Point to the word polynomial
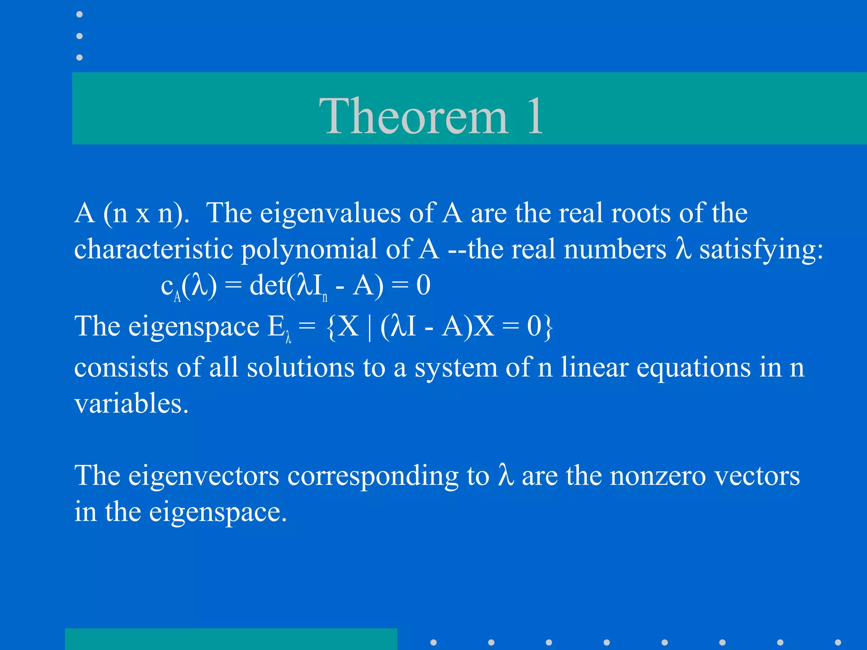point(309,250)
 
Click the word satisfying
point(761,250)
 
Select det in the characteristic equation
point(268,285)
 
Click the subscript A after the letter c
point(177,296)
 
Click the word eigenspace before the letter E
point(193,327)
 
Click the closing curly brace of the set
point(548,327)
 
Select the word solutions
point(301,367)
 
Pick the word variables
point(131,403)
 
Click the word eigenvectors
point(204,476)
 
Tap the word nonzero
point(658,476)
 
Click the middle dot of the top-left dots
point(79,36)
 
